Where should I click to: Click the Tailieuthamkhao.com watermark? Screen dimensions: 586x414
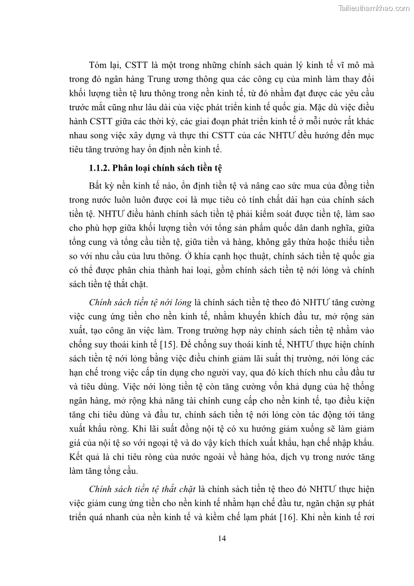pos(374,8)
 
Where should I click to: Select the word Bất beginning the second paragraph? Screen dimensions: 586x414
pos(96,186)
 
